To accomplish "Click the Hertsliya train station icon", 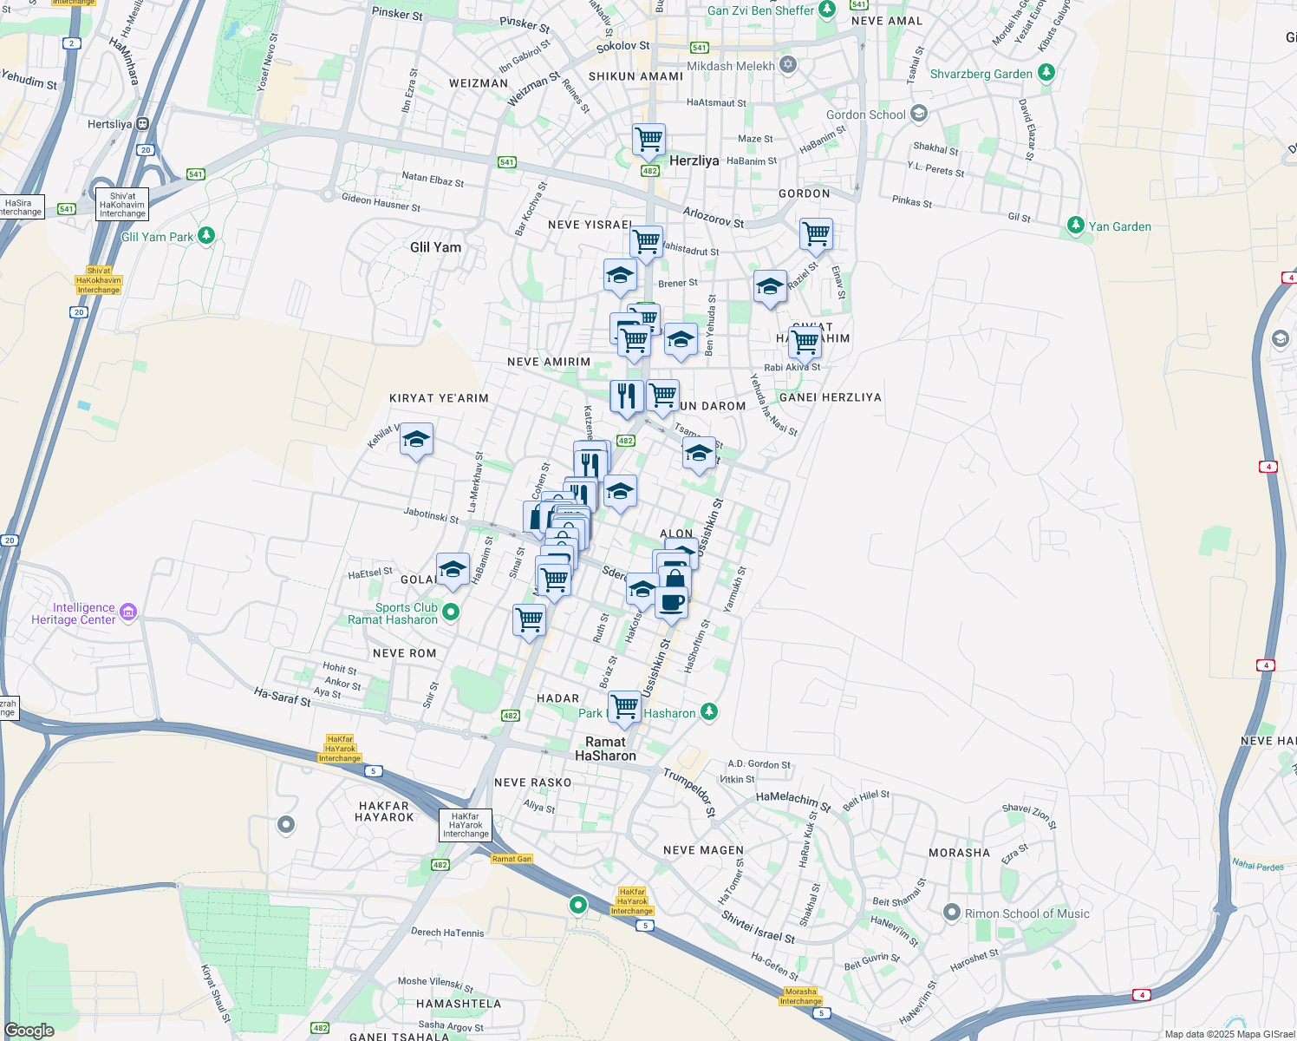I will coord(142,124).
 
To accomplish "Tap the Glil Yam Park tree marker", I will coord(206,235).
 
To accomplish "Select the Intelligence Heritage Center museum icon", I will coord(128,613).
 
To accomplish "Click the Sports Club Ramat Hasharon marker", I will coord(451,612).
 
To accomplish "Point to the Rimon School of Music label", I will coord(1027,913).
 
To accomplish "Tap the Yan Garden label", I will coord(1119,226).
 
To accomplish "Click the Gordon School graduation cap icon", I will coord(919,114).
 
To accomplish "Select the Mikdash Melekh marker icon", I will coord(788,65).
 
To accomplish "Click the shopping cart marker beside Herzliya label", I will coord(648,140).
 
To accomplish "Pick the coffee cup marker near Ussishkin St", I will coord(671,602).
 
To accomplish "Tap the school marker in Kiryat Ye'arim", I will coord(416,440).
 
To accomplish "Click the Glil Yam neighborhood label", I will coord(435,247).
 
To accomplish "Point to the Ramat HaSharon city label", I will coord(605,749).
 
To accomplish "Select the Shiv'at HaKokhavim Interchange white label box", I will coord(122,205).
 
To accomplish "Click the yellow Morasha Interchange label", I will coord(800,996).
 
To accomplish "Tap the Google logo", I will coord(29,1031).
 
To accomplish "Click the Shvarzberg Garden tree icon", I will coord(1046,73).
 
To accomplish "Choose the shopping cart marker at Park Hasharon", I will coord(624,707).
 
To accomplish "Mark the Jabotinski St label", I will coord(431,514).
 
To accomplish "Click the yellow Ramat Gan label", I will coord(512,859).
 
